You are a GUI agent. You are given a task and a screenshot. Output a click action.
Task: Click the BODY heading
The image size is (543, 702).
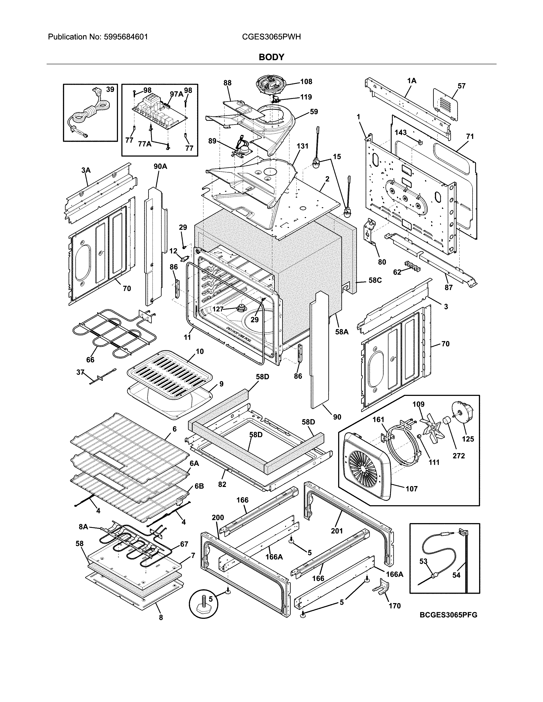pyautogui.click(x=271, y=57)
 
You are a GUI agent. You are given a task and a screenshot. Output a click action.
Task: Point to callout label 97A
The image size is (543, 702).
pyautogui.click(x=176, y=94)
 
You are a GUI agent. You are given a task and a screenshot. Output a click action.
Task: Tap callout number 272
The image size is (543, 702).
pyautogui.click(x=458, y=456)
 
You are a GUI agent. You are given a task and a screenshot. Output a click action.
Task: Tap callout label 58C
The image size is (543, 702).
pyautogui.click(x=375, y=280)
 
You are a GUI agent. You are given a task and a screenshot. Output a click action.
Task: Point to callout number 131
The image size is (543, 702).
pyautogui.click(x=302, y=146)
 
